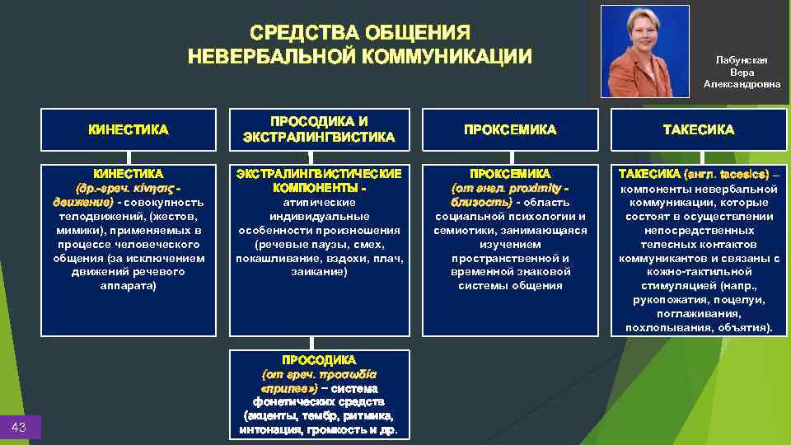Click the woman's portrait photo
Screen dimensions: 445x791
pos(644,51)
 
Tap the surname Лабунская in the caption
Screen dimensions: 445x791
pos(742,60)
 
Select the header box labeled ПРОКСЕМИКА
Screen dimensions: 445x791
pos(510,129)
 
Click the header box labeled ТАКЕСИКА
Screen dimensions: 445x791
pos(699,129)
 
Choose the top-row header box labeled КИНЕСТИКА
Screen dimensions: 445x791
pos(129,129)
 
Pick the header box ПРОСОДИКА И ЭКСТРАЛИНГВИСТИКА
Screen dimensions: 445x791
pos(319,129)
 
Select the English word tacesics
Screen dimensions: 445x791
pos(742,174)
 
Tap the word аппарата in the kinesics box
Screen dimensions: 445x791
pos(129,285)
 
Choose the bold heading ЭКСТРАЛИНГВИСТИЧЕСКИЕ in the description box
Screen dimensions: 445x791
pos(319,174)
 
